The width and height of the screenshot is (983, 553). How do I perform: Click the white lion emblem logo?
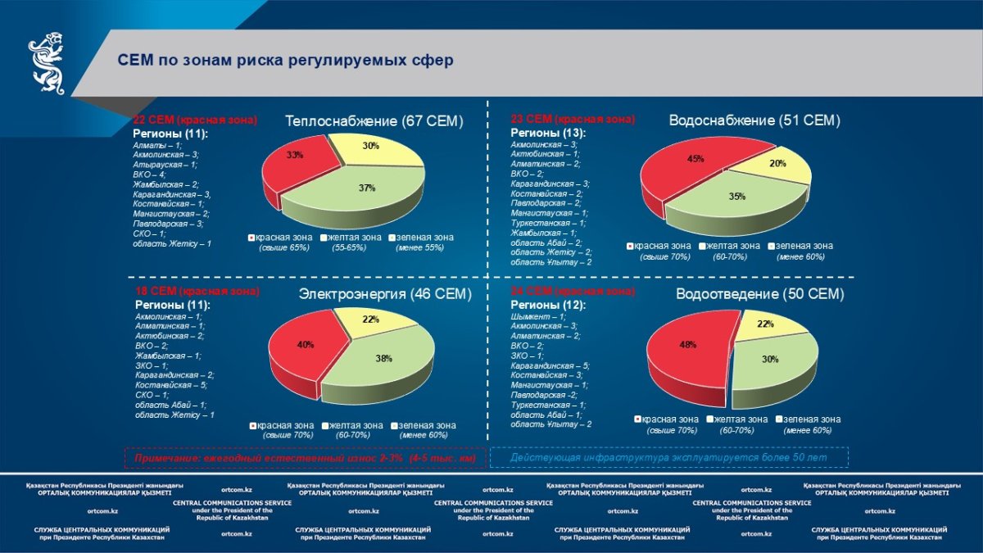(48, 63)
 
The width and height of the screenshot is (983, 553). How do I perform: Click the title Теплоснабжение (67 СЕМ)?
(374, 121)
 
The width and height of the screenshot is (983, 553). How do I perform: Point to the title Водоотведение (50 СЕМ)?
(759, 294)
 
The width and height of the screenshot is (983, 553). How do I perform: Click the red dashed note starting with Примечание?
(304, 459)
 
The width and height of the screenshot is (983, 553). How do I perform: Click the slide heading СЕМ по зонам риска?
(285, 61)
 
